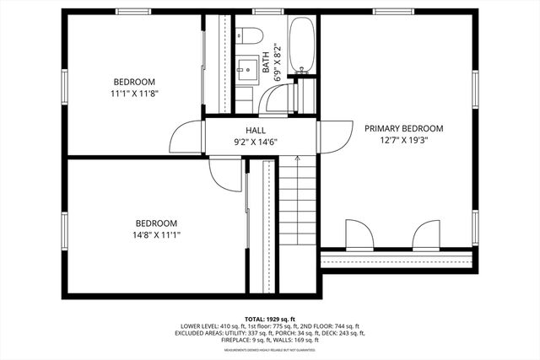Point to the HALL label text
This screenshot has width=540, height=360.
tap(256, 131)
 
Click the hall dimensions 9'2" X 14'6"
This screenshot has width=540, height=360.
tap(256, 142)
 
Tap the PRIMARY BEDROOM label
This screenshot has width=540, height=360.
tap(403, 129)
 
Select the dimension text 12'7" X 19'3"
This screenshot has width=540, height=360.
tap(403, 141)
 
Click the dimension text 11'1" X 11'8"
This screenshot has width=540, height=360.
tap(135, 94)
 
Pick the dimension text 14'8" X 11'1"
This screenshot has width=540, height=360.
tap(156, 234)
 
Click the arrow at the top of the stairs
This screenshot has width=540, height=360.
tap(298, 159)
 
